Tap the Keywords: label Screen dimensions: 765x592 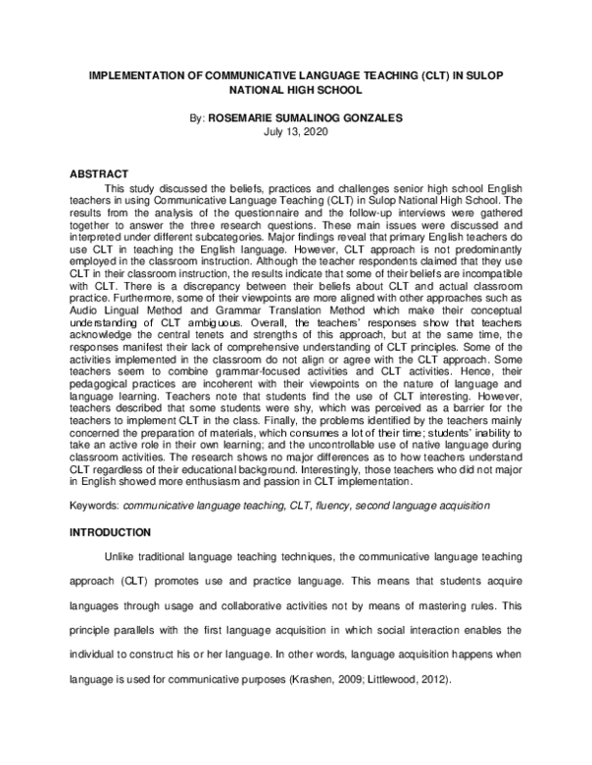pyautogui.click(x=94, y=505)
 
